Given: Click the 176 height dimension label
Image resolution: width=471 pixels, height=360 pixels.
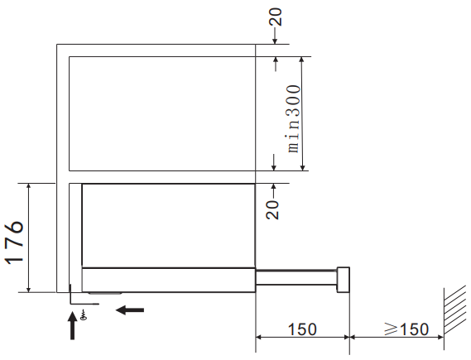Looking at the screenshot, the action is pyautogui.click(x=14, y=242).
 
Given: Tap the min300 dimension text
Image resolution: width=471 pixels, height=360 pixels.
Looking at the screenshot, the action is pyautogui.click(x=293, y=119).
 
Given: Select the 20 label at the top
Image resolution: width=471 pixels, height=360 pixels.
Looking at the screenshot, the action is pyautogui.click(x=276, y=17).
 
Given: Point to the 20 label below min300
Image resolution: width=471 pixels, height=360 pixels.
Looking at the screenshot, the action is pyautogui.click(x=272, y=210).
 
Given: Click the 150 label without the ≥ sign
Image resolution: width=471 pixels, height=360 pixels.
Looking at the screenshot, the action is pyautogui.click(x=302, y=329).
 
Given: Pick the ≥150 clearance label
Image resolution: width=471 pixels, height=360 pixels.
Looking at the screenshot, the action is pyautogui.click(x=406, y=329).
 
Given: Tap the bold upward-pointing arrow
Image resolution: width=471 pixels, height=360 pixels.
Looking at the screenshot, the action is pyautogui.click(x=72, y=326).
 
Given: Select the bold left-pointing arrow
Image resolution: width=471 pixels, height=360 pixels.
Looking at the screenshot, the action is pyautogui.click(x=130, y=310).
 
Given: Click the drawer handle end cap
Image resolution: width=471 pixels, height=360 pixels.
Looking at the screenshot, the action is pyautogui.click(x=343, y=280).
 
